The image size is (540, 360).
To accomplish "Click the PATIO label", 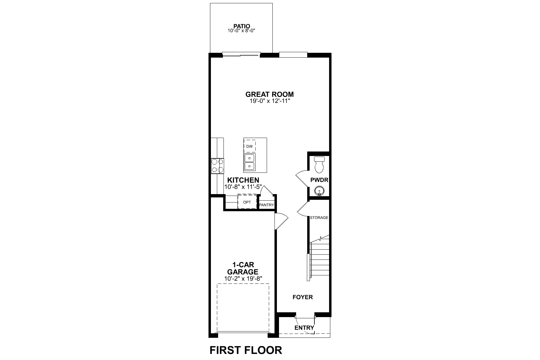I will tap(242, 26).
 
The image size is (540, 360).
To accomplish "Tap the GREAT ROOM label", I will tap(269, 94).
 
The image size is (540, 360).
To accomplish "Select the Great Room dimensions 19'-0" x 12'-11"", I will tap(269, 101).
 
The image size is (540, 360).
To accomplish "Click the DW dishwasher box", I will tap(250, 146).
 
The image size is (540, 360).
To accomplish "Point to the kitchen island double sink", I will tap(249, 162).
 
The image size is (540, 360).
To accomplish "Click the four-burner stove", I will tap(217, 166).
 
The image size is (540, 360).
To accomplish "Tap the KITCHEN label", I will tap(243, 180).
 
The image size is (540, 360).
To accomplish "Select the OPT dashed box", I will tap(247, 202).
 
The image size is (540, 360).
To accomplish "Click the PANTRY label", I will tap(266, 205).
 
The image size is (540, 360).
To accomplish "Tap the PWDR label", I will tap(319, 180).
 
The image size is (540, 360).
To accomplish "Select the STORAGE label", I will tap(319, 217).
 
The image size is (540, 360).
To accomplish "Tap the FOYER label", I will tap(303, 297).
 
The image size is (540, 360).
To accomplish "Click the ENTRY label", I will tap(304, 328).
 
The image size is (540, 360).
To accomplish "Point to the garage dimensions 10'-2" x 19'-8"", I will tap(243, 278).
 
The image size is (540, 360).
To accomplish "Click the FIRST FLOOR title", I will tap(246, 350).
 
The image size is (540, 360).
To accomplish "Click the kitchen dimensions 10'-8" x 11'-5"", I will tap(243, 187).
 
